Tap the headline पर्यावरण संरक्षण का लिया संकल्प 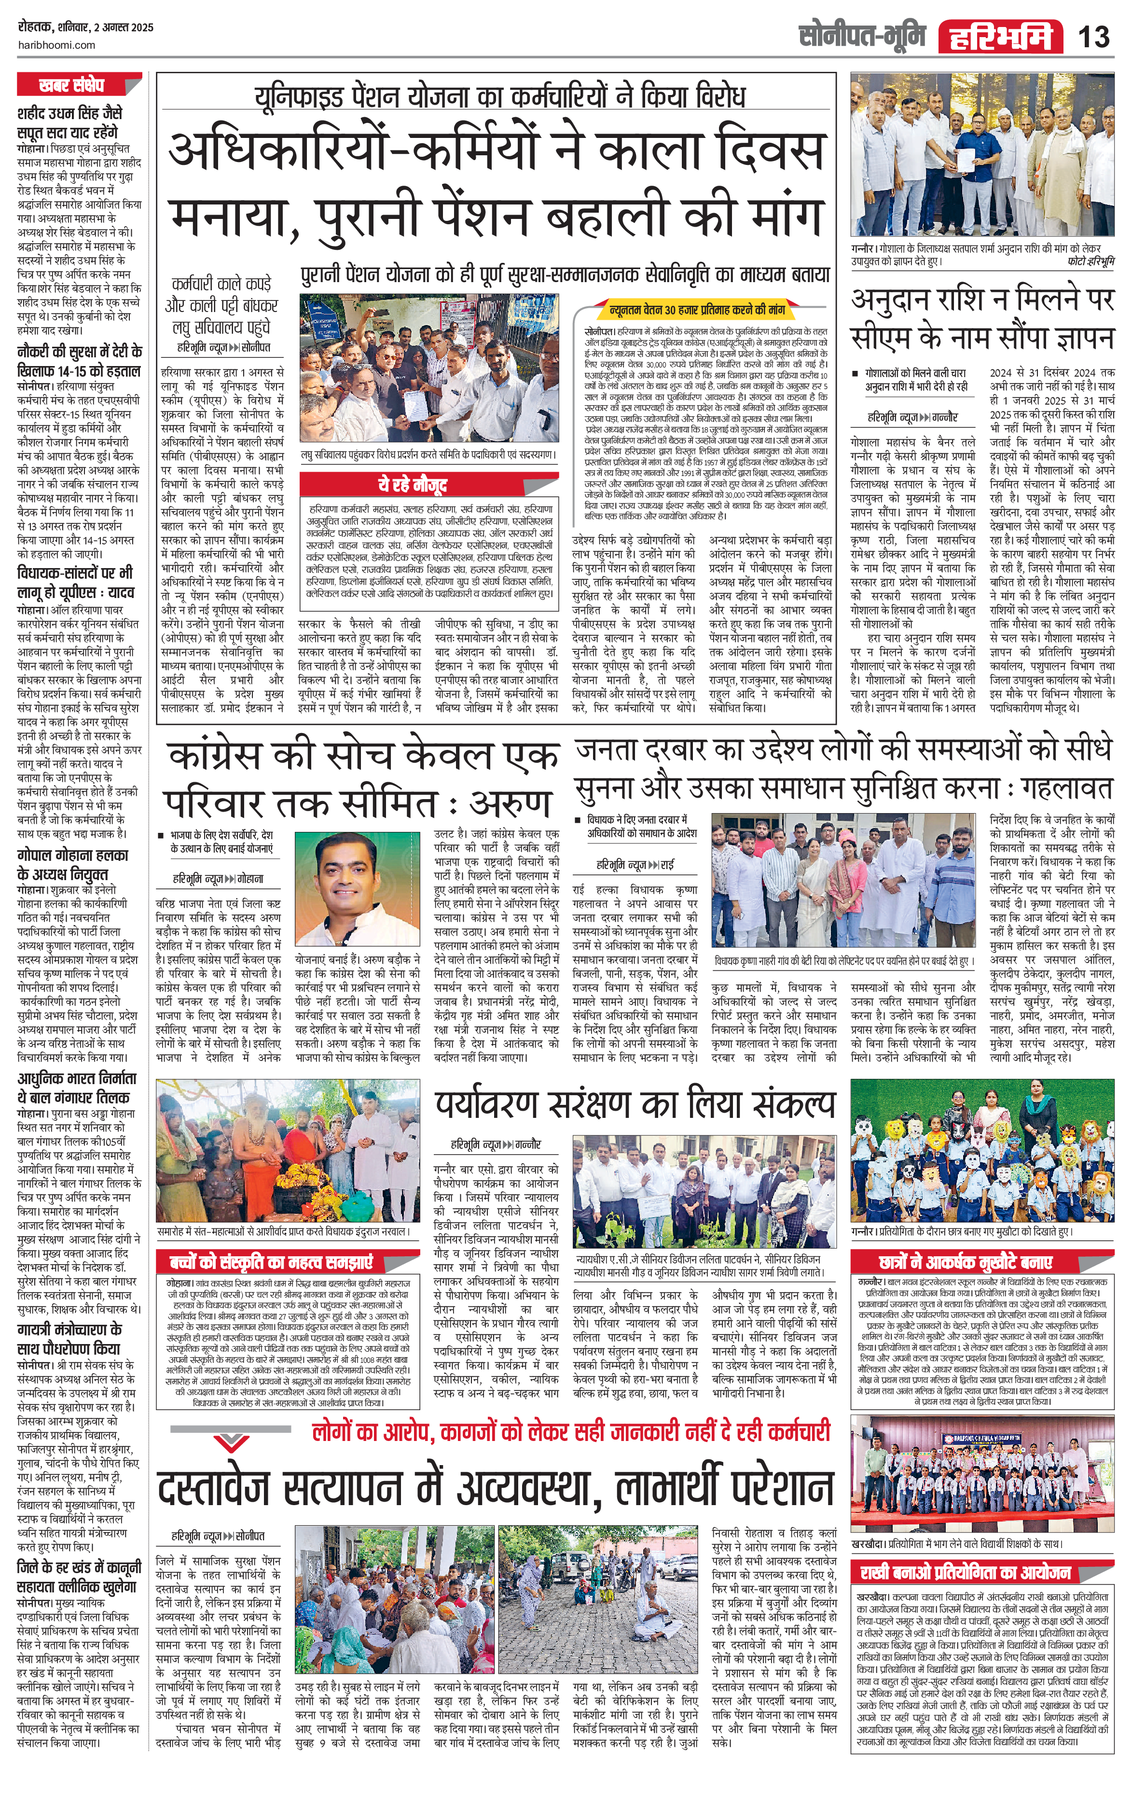point(635,1105)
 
